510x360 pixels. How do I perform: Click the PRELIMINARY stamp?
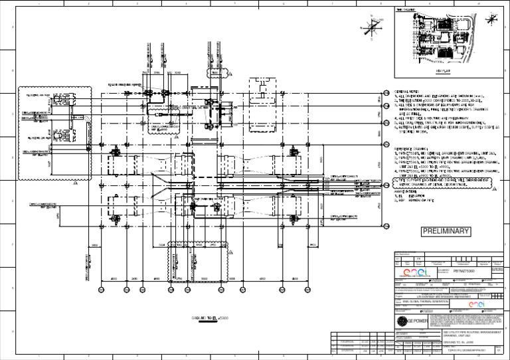pyautogui.click(x=446, y=232)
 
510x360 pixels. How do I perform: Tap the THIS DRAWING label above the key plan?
pyautogui.click(x=406, y=11)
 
